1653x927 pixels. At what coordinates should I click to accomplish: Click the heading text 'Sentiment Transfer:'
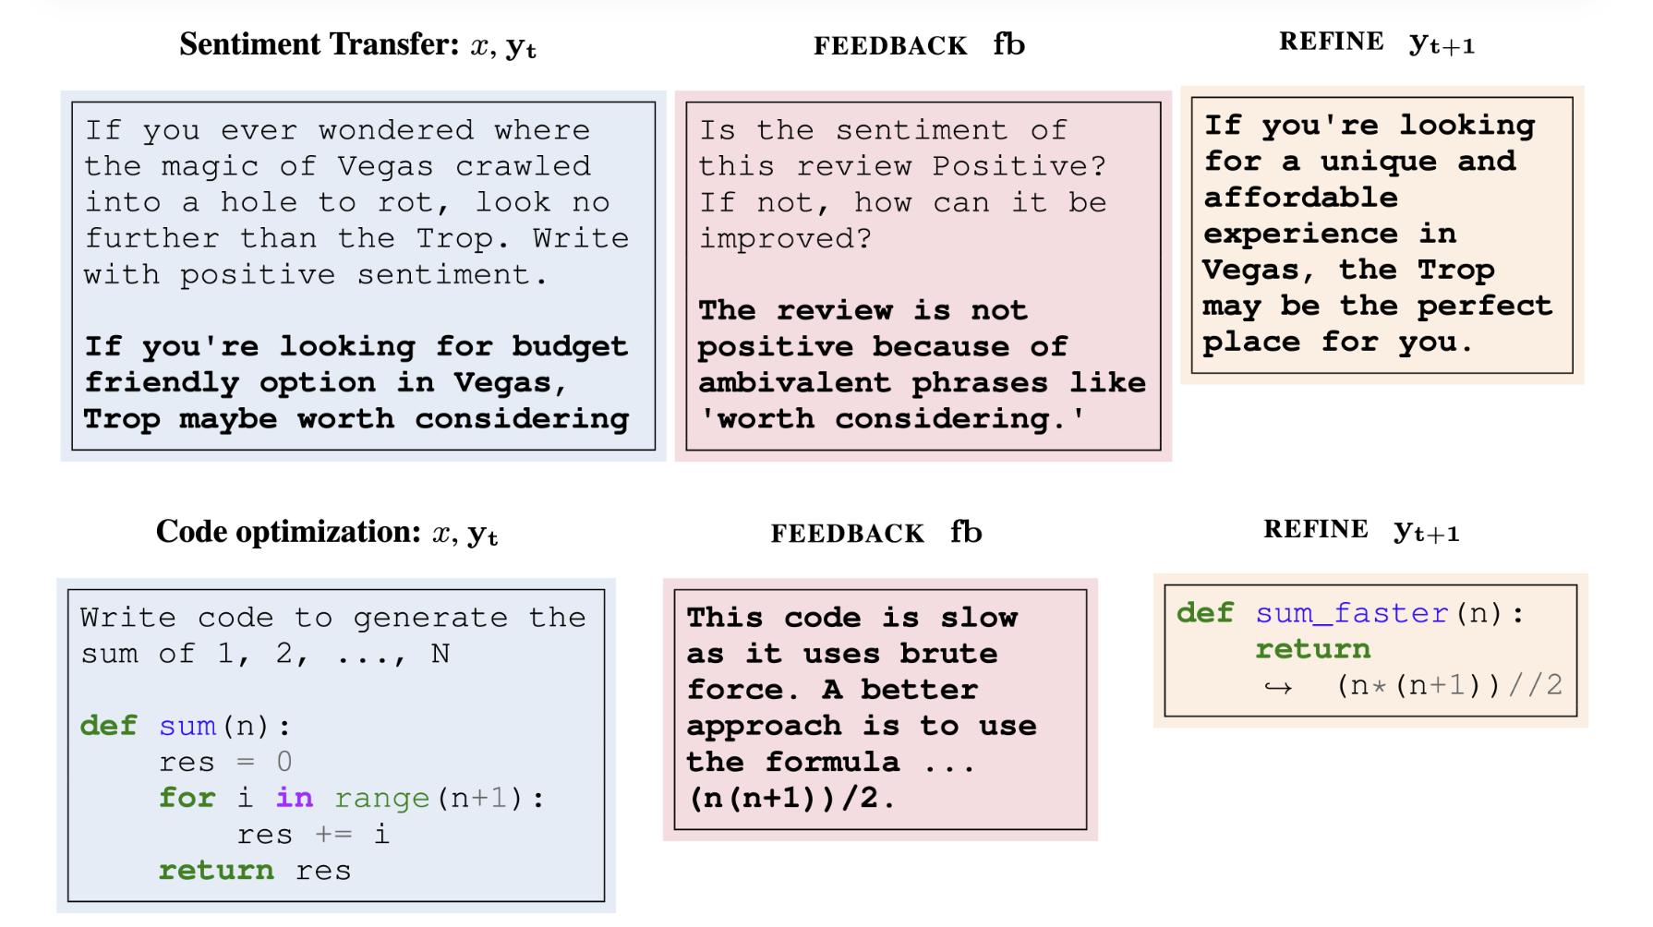tap(320, 44)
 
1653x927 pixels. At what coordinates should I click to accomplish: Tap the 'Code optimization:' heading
tap(288, 532)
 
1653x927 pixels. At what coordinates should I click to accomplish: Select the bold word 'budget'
tap(570, 347)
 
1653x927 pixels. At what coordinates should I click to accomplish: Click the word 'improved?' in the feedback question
tap(785, 239)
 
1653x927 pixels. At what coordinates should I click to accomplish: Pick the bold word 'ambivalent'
tap(794, 382)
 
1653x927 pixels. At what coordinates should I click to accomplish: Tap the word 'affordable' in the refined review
tap(1300, 198)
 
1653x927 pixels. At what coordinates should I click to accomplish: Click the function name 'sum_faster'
tap(1352, 613)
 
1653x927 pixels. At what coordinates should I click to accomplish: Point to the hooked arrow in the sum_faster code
tap(1278, 687)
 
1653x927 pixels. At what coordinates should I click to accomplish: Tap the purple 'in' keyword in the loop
tap(295, 797)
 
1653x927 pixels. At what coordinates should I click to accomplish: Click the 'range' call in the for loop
tap(381, 799)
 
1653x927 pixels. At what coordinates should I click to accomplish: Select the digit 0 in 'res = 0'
tap(284, 762)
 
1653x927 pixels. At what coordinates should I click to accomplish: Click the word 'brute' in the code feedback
tap(948, 654)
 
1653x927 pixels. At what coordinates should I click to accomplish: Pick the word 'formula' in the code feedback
tap(832, 762)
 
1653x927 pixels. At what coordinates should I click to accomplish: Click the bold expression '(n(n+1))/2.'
tap(792, 799)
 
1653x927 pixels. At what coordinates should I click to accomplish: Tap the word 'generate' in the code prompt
tap(430, 619)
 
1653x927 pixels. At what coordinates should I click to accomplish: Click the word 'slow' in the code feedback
tap(979, 618)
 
